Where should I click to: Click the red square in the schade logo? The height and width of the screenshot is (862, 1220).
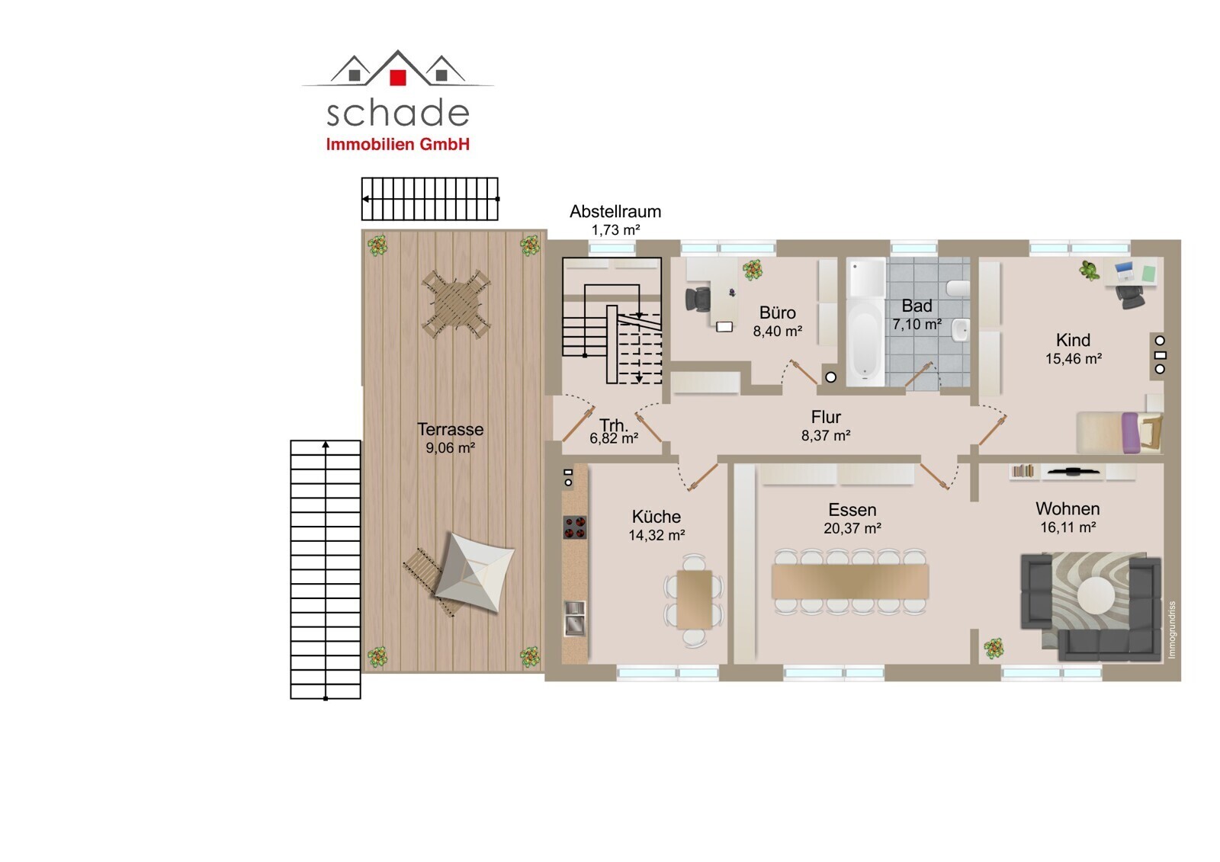(398, 78)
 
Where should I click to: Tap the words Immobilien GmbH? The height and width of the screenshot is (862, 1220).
(397, 144)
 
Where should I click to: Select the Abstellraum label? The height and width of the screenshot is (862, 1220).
(615, 211)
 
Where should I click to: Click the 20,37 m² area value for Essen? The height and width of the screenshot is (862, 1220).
(852, 528)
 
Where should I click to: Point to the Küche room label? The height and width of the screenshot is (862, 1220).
(657, 516)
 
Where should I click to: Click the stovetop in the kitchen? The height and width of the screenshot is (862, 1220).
(575, 527)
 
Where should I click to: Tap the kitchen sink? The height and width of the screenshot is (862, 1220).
(575, 618)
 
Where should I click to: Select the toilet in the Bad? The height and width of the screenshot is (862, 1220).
(958, 288)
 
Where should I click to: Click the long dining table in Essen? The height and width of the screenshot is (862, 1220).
(850, 582)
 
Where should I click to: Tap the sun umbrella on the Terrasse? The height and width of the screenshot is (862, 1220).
(474, 572)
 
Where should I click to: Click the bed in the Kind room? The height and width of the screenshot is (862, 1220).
(1120, 432)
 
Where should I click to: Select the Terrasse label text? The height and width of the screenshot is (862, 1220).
(451, 429)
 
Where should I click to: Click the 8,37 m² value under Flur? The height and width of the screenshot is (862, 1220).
(826, 436)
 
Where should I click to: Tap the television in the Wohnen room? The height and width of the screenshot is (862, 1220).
(1073, 472)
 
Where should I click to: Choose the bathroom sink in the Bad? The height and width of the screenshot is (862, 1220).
(961, 330)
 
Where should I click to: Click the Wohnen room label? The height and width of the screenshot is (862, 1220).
(1067, 508)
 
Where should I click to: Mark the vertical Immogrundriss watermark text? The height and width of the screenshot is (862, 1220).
(1172, 630)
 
